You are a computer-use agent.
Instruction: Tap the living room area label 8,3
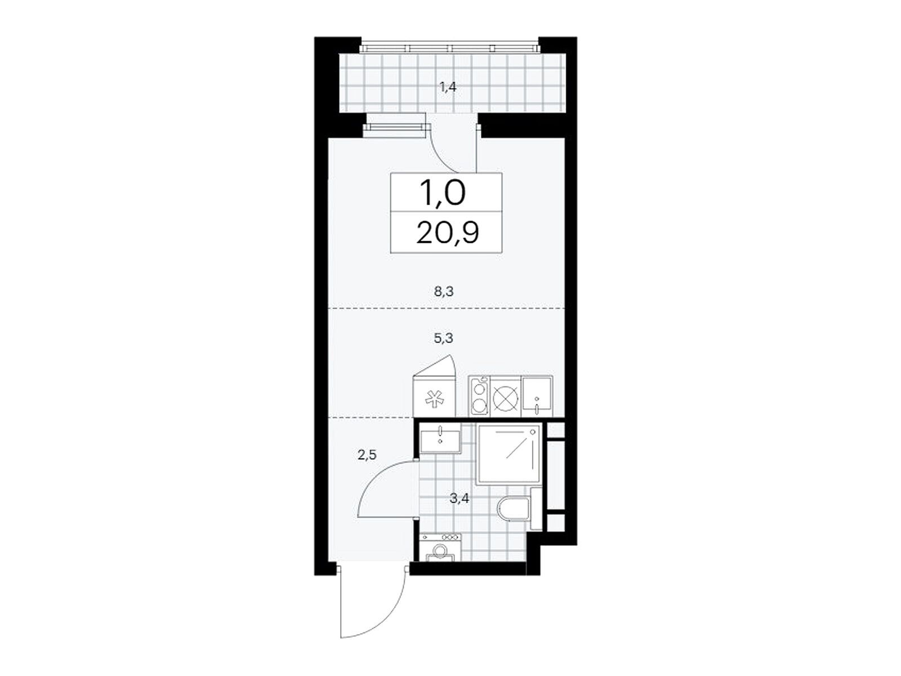coord(444,292)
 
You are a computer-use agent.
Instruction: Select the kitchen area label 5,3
coord(444,338)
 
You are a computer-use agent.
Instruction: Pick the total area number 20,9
coord(447,234)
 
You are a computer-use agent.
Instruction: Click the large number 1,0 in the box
coord(443,193)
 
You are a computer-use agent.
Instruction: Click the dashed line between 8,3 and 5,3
coord(446,308)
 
